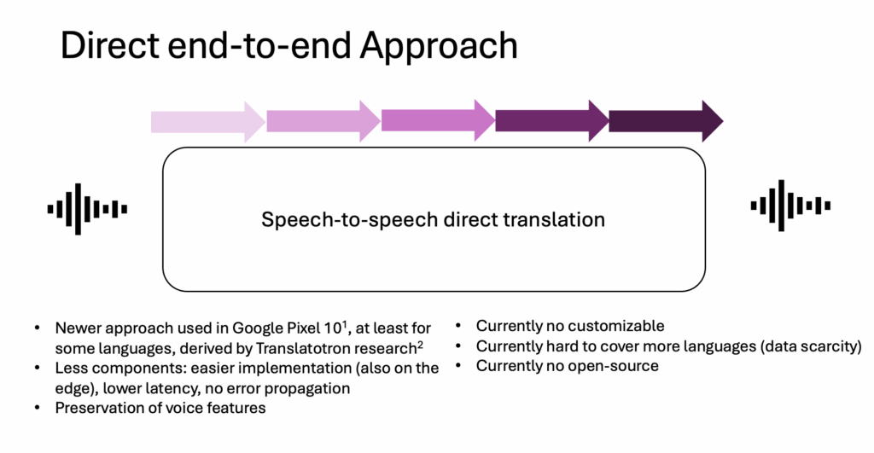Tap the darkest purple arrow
(x=665, y=121)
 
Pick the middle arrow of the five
(x=438, y=121)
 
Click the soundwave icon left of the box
(x=87, y=208)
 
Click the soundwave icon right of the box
(x=790, y=205)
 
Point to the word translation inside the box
(x=560, y=219)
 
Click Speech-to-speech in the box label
(x=330, y=220)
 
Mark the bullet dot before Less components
(x=36, y=369)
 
